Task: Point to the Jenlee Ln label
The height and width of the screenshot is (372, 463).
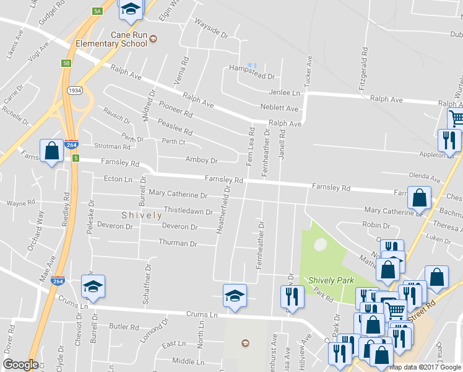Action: pos(284,92)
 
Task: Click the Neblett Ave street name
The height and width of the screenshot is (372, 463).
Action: pos(283,108)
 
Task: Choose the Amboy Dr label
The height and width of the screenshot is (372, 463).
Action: pos(202,160)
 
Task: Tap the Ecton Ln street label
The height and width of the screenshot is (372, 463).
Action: pos(118,180)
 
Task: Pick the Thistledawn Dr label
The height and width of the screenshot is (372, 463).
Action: pos(188,211)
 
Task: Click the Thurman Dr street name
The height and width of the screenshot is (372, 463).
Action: pos(178,244)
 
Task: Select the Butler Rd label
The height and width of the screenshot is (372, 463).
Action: pos(124,326)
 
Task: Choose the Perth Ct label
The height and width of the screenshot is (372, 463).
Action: pos(173,141)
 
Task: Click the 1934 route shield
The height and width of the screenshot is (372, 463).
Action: pos(75,91)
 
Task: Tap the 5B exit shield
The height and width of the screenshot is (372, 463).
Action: pos(66,63)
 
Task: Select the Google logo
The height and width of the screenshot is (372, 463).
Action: pos(20,365)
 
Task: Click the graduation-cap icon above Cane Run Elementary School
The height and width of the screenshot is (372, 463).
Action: pos(131,9)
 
